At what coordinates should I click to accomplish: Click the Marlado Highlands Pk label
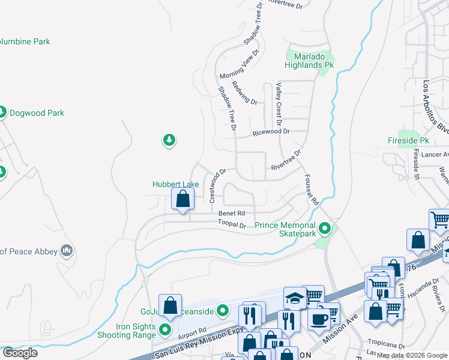pos(309,59)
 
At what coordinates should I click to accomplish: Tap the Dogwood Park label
pos(37,113)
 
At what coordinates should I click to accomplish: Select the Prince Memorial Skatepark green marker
pos(325,228)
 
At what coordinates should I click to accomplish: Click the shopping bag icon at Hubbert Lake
pos(183,199)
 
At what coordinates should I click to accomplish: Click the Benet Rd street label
pos(232,213)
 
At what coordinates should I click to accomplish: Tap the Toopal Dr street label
pos(232,224)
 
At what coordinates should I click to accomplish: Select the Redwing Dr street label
pos(244,93)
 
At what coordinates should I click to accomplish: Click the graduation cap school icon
pos(295,298)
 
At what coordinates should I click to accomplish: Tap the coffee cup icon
pos(319,318)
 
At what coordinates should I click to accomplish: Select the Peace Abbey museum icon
pos(66,251)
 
